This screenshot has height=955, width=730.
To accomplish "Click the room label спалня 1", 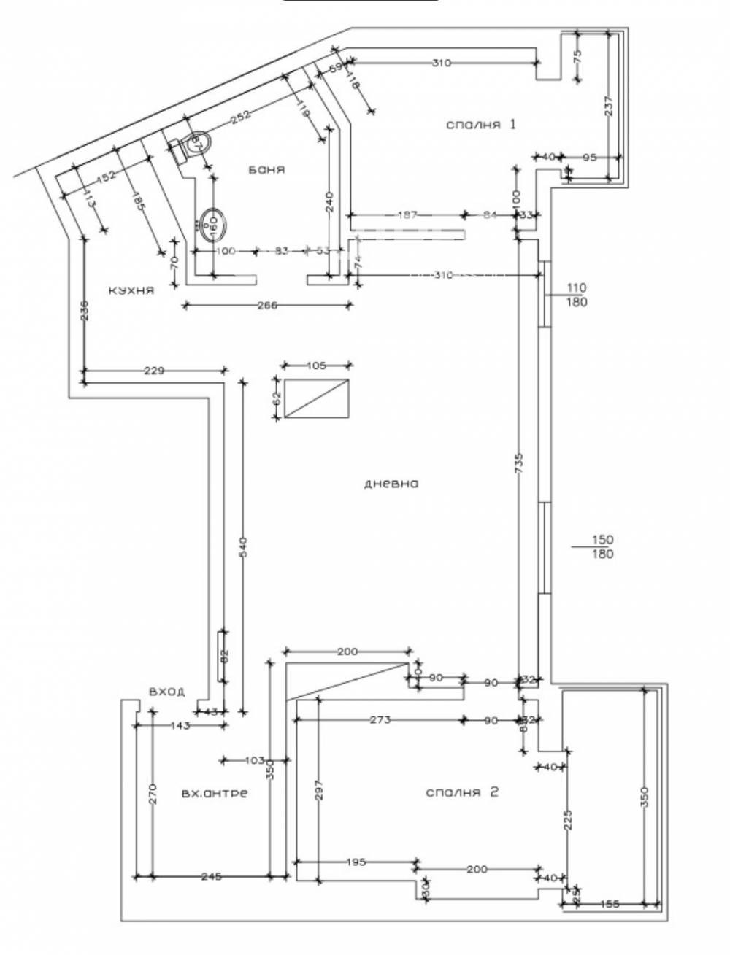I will click(481, 124).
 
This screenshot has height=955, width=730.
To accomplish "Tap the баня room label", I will click(266, 169).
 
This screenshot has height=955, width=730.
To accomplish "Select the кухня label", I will click(131, 290).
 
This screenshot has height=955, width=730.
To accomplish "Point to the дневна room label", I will click(391, 483).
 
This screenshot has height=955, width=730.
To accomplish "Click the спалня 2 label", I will click(461, 792).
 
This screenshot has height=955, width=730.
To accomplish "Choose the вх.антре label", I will click(214, 793).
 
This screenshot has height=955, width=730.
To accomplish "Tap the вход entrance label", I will click(166, 691).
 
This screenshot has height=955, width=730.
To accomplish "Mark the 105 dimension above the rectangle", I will click(317, 366).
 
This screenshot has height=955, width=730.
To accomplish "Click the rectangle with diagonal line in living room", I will click(317, 399).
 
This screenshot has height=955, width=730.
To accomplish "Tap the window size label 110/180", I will click(576, 295).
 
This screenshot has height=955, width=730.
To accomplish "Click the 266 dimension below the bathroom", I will click(267, 306).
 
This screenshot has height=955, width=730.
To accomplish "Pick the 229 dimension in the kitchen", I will click(155, 371).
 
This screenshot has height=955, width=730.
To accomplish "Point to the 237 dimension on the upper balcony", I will click(610, 107).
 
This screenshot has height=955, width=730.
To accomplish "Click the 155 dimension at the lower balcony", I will click(609, 905).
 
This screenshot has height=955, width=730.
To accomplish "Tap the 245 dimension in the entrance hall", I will click(211, 876).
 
